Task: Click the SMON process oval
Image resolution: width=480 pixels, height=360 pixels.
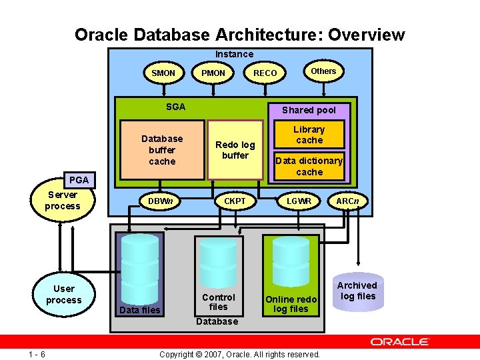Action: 163,73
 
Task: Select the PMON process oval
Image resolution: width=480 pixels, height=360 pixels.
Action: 213,73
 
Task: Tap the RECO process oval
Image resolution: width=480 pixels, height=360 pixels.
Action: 265,73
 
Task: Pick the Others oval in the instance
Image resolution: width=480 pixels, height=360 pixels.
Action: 323,71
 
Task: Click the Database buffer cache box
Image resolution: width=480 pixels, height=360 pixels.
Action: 162,150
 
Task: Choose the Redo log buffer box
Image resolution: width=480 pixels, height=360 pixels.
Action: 235,150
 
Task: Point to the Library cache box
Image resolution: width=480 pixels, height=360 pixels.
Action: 309,135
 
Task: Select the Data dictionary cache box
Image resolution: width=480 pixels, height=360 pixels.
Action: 309,167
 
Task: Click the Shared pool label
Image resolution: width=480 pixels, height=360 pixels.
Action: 309,110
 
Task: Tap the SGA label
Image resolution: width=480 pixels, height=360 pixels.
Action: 176,107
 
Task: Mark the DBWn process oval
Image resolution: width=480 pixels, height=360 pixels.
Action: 161,201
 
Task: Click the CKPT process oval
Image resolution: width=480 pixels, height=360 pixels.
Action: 235,201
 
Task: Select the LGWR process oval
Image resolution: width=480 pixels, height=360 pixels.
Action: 299,201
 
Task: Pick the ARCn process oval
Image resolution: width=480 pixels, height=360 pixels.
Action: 347,201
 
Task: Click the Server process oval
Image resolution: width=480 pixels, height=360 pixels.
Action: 63,201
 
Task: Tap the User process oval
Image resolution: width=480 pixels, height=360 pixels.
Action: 64,295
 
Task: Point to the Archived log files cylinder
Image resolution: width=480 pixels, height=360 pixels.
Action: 359,291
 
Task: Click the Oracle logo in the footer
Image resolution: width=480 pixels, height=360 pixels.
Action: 400,341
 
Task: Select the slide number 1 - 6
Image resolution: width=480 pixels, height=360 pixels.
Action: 37,354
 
